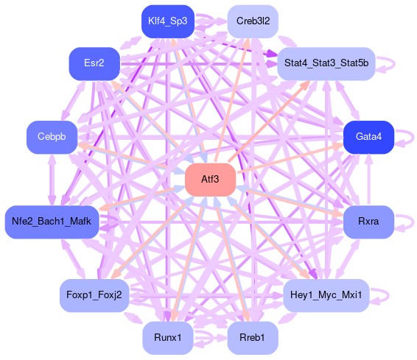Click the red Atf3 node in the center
[x=211, y=180]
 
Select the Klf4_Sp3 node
[x=168, y=21]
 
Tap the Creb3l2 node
[x=253, y=21]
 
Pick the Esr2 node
[x=94, y=64]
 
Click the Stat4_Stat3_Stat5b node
[x=326, y=64]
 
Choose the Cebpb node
[x=52, y=137]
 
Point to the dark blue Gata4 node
[x=368, y=137]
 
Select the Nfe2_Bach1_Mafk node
[x=52, y=222]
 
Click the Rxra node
[x=368, y=222]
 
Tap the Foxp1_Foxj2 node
[x=94, y=295]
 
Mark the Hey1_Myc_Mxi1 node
[x=326, y=295]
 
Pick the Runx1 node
[x=168, y=338]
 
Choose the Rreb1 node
[x=253, y=338]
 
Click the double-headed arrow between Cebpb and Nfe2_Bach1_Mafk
[x=52, y=180]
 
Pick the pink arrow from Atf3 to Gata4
[x=290, y=158]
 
